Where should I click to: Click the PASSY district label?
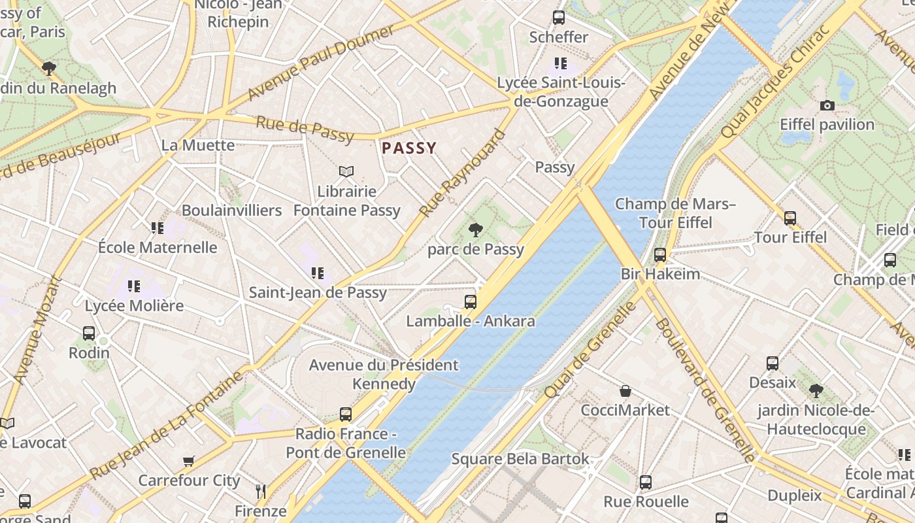point(408,148)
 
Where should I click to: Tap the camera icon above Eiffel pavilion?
point(827,105)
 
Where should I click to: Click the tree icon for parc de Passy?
point(476,229)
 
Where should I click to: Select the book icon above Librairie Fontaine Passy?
point(346,172)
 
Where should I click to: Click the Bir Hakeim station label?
point(660,273)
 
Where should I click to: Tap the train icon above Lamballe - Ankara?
point(470,302)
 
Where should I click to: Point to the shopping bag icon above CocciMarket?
point(625,391)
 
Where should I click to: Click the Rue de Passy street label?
point(305,129)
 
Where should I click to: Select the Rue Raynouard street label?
point(463,174)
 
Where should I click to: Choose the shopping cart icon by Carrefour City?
point(189,462)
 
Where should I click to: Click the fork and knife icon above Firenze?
point(260,491)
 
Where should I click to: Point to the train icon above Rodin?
point(89,333)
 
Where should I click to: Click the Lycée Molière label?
point(134,305)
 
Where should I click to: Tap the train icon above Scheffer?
point(558,18)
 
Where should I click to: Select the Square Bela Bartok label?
point(520,459)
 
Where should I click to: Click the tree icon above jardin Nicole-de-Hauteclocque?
point(815,391)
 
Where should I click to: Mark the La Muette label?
point(197,145)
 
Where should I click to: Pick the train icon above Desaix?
point(772,363)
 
